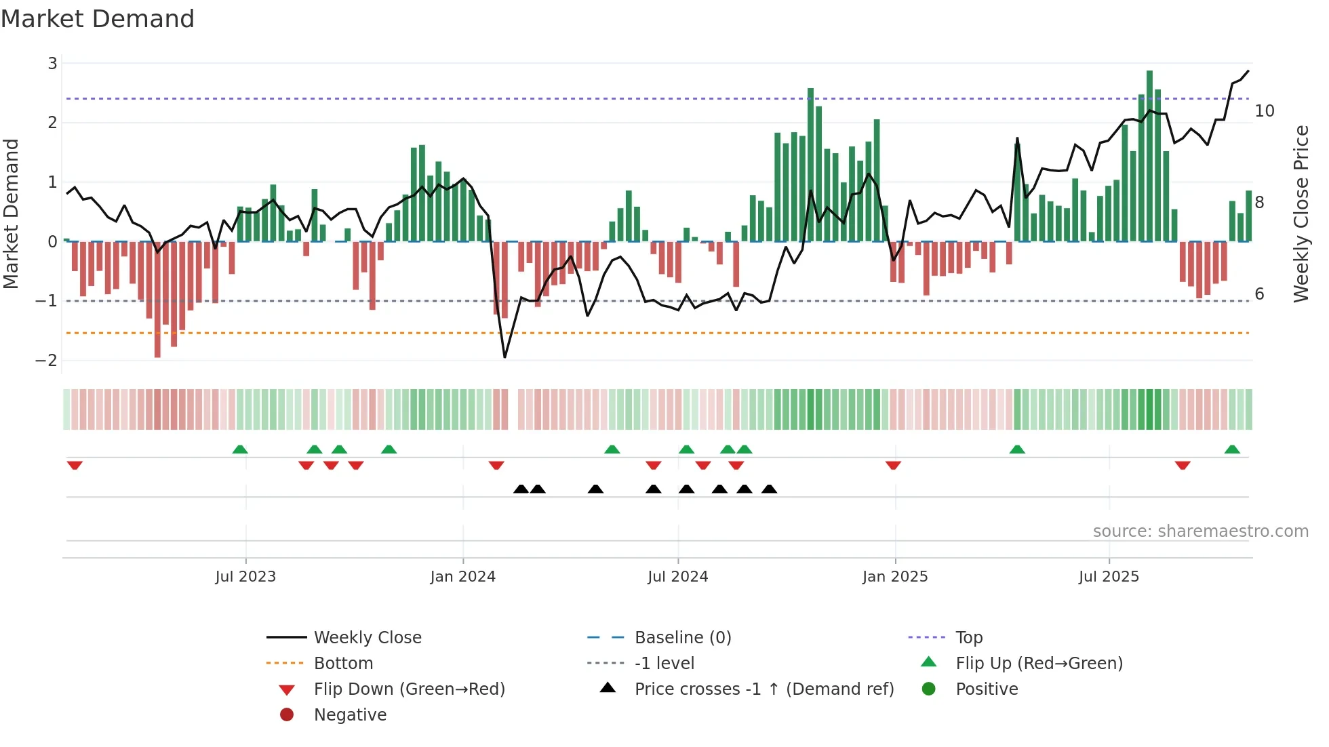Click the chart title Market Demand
click(98, 19)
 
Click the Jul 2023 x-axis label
click(245, 577)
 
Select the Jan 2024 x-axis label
click(462, 577)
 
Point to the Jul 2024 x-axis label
click(677, 577)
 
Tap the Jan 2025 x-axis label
click(894, 577)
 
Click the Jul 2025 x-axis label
click(1109, 577)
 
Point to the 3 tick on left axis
click(52, 64)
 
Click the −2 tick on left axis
click(46, 361)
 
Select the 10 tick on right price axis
click(1264, 111)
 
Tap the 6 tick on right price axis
click(1259, 294)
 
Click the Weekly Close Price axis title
click(1301, 214)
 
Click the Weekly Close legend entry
click(367, 638)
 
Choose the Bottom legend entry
click(343, 664)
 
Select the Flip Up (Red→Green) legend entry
click(1039, 664)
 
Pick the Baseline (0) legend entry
click(682, 638)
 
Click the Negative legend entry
click(350, 715)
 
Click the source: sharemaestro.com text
click(1200, 531)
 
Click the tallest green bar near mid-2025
click(1149, 156)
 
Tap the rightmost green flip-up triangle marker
click(1232, 449)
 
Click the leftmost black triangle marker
click(521, 489)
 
